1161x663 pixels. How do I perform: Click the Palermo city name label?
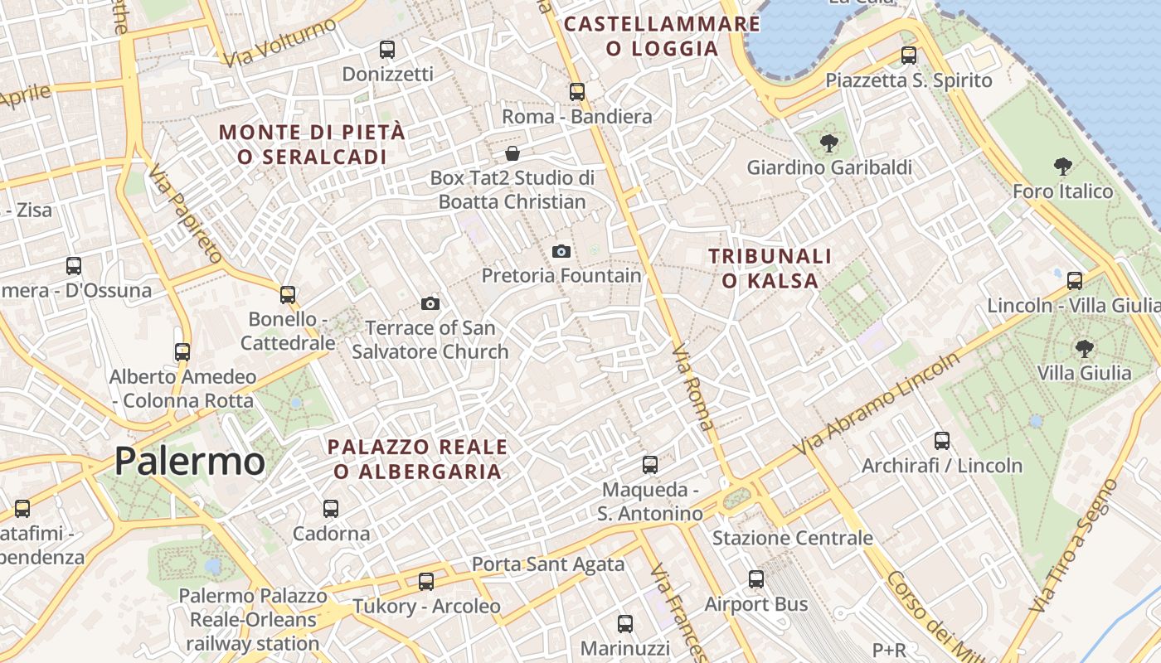190,462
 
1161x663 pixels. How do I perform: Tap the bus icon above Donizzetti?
387,49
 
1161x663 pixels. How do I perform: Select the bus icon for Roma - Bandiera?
577,91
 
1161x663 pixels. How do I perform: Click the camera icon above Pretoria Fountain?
561,251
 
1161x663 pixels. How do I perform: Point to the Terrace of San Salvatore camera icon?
430,303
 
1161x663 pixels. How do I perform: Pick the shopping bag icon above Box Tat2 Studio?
512,153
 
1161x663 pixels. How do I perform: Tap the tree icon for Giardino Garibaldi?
828,143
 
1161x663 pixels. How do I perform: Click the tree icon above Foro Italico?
1062,167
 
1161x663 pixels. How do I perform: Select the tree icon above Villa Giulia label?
1084,348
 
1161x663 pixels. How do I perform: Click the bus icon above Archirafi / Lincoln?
942,440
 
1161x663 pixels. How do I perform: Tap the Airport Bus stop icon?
756,579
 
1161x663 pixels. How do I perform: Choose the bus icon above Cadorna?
331,508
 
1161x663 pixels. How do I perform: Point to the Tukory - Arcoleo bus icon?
426,581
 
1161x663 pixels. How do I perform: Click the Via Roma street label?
692,388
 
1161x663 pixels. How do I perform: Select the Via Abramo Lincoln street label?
877,403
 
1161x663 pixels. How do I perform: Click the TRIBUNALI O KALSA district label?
770,269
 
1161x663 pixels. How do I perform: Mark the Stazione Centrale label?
793,538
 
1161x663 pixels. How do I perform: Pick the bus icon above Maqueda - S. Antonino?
650,465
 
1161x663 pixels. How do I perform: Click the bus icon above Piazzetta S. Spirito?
909,56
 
